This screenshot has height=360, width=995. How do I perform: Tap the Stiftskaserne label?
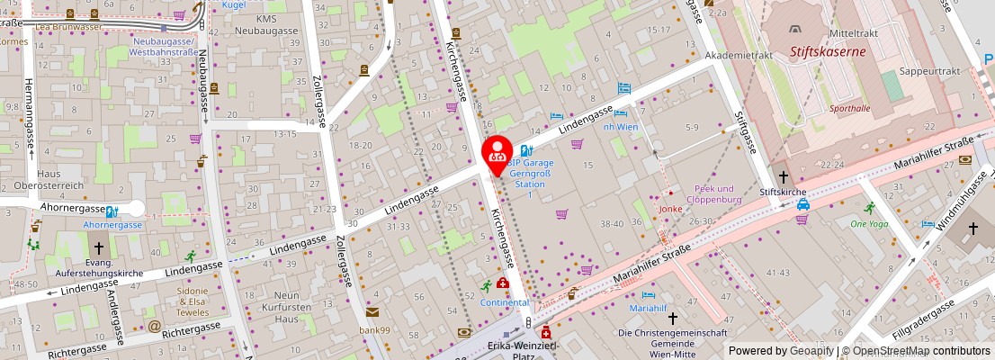tap(828, 51)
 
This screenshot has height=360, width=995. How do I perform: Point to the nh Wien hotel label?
tap(620, 127)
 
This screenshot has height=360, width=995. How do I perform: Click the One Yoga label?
tap(869, 223)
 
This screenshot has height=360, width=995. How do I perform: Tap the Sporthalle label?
tap(849, 108)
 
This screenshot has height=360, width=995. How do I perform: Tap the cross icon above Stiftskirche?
tap(783, 176)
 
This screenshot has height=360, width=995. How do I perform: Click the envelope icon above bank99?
tap(372, 312)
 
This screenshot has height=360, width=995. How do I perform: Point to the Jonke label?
tap(670, 209)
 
